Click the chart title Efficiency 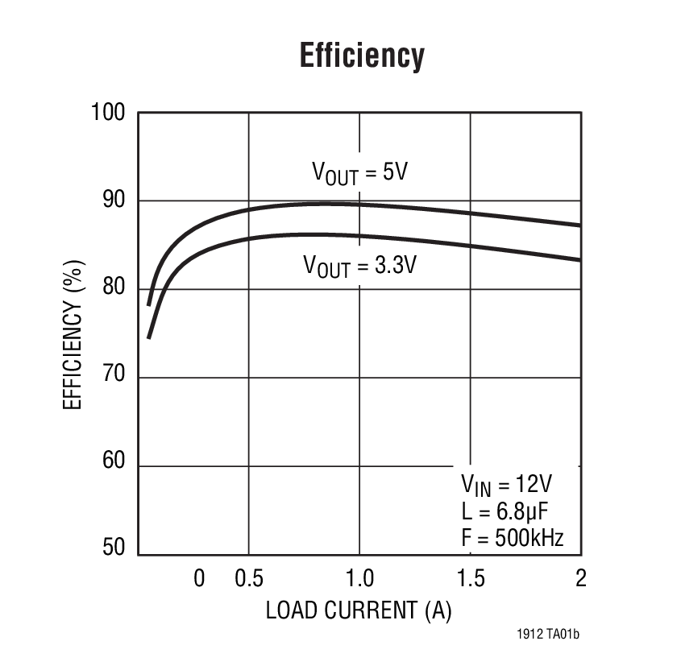[362, 56]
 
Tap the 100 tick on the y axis [109, 113]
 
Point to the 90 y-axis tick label [114, 201]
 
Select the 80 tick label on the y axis [114, 289]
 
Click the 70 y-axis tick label [114, 378]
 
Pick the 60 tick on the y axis [114, 462]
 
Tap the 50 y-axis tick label [114, 548]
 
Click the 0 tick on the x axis [200, 578]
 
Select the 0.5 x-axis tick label [249, 578]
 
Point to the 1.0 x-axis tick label [359, 578]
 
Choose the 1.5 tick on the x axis [471, 578]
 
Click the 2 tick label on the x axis [580, 578]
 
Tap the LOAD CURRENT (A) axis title [359, 611]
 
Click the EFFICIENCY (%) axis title [73, 334]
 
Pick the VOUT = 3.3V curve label [359, 265]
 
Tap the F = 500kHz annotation [512, 537]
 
